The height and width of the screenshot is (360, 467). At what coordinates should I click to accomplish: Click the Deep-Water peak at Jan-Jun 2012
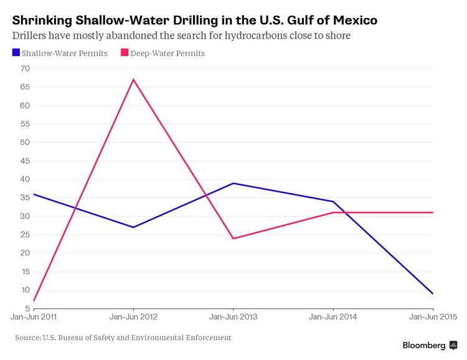(133, 79)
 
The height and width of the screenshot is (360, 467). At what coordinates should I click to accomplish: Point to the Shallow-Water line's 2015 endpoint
(433, 293)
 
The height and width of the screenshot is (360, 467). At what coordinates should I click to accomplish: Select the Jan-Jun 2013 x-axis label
(233, 317)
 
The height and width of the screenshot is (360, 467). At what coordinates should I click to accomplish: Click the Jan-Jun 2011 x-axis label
(35, 317)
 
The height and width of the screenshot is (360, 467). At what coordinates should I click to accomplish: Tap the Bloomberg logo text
(424, 346)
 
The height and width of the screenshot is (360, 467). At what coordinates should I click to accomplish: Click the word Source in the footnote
(29, 338)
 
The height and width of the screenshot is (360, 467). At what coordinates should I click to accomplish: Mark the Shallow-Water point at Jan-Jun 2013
(233, 183)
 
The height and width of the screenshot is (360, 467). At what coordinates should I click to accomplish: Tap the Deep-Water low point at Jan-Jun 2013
(233, 239)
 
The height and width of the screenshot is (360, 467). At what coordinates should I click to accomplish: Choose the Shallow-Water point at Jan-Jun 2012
(133, 227)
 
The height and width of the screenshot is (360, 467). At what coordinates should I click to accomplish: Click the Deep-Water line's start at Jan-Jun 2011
(34, 301)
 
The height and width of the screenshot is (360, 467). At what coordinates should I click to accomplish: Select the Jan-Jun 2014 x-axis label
(333, 317)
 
